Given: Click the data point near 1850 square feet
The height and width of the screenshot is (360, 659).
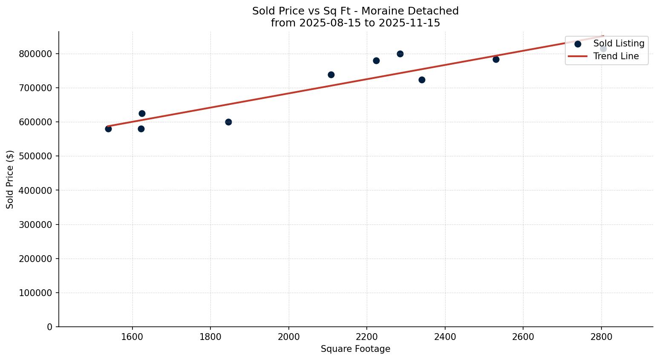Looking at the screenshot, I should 228,122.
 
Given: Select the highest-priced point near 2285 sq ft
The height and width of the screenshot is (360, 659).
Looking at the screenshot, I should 400,54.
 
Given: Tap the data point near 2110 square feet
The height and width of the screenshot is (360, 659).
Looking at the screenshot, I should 331,75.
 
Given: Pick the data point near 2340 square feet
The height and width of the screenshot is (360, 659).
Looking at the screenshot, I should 422,80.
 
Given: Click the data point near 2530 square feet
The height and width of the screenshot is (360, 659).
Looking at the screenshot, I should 496,59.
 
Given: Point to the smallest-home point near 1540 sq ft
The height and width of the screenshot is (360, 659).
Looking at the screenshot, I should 108,129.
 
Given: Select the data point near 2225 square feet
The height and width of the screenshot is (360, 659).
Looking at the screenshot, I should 376,60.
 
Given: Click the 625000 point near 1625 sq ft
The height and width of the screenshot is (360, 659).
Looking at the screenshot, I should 142,113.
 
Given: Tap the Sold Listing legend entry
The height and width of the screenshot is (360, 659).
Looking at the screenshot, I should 618,43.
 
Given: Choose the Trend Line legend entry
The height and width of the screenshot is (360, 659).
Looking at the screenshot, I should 616,56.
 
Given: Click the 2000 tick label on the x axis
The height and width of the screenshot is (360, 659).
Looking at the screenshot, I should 288,337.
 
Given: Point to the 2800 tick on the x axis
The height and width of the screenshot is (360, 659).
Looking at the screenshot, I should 601,337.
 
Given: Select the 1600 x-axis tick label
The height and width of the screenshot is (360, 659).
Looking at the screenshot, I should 132,337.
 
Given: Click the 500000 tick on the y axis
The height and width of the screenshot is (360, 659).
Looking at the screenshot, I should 36,156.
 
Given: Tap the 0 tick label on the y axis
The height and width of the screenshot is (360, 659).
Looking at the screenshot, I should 50,327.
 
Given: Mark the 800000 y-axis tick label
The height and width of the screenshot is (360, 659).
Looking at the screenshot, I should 36,54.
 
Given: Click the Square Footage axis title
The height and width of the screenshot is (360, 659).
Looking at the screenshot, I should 355,349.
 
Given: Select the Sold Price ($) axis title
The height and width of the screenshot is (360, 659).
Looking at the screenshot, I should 10,179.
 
